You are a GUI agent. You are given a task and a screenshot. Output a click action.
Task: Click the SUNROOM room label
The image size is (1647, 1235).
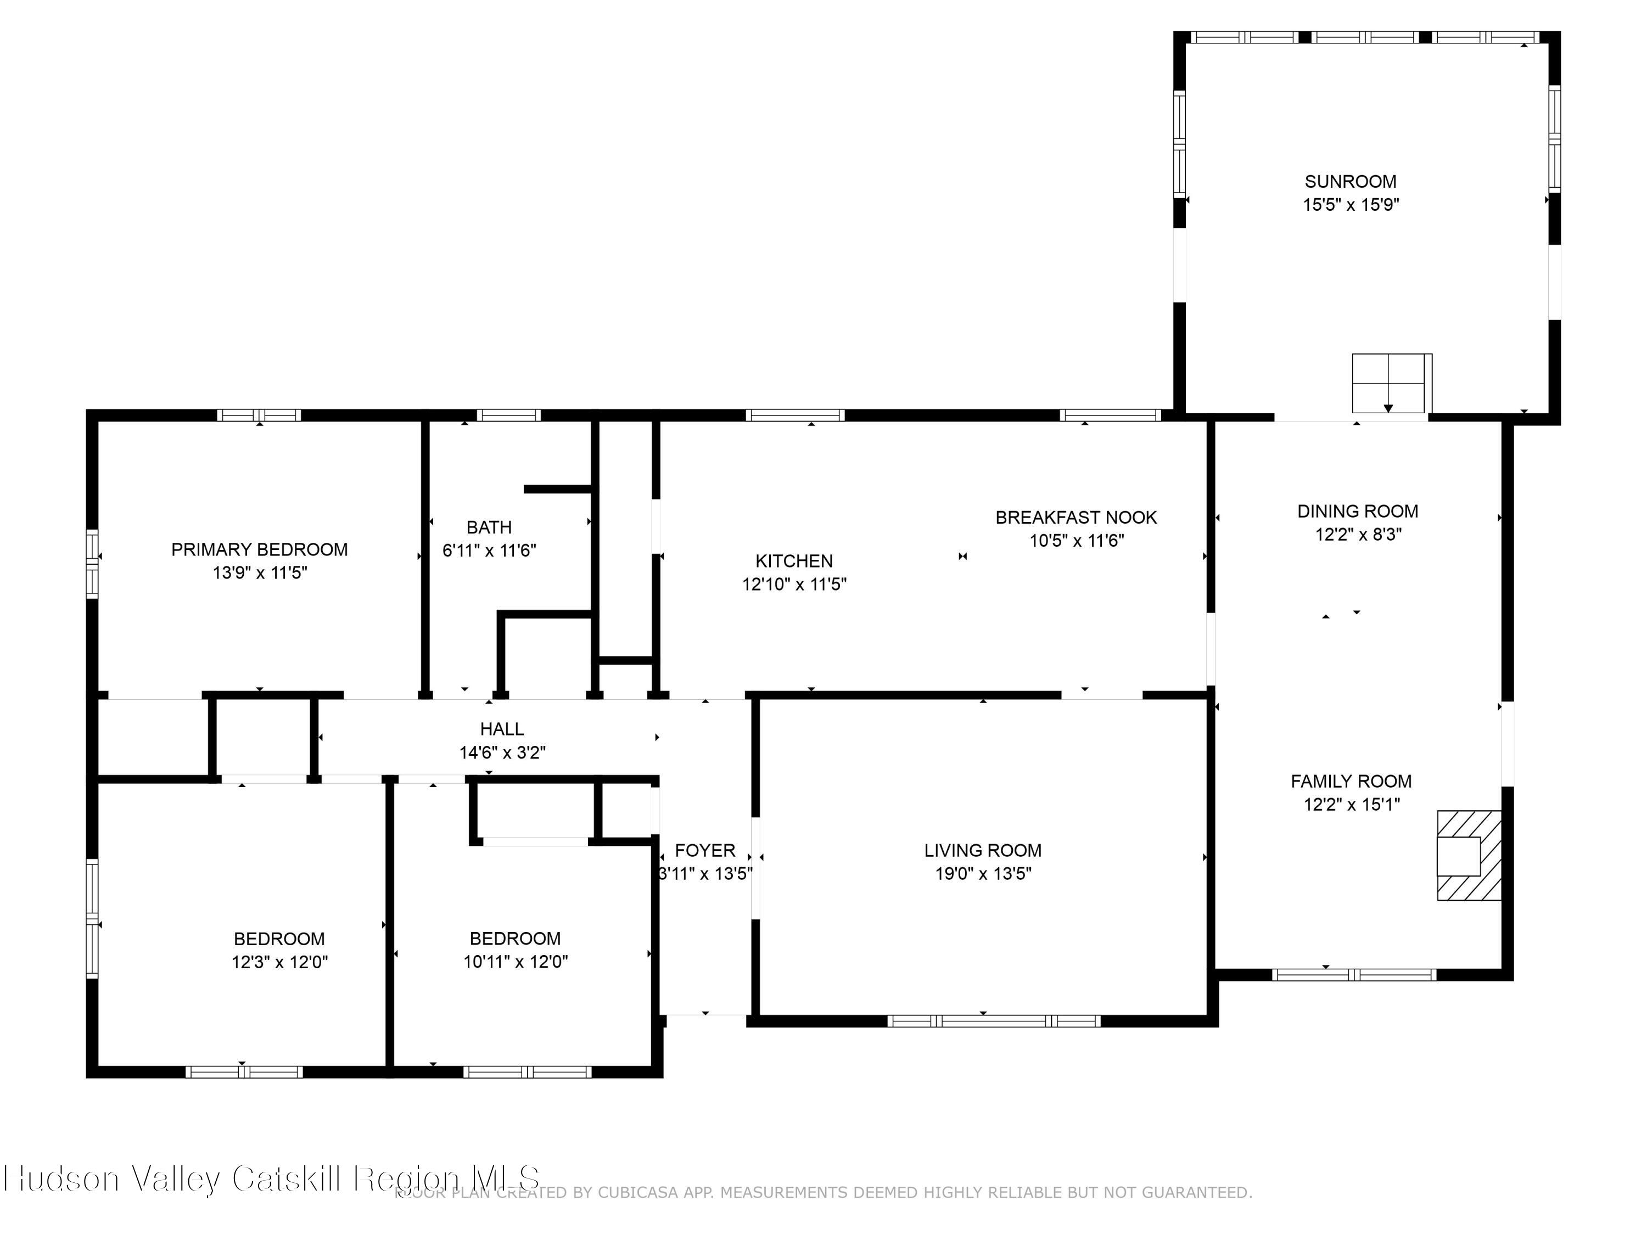[1350, 181]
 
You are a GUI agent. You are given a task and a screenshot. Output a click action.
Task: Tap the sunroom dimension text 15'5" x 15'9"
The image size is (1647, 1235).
[1350, 205]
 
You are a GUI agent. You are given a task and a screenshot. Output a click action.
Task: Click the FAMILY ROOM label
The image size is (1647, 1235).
[1351, 781]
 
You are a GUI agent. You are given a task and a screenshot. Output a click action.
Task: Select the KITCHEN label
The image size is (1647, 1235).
[794, 560]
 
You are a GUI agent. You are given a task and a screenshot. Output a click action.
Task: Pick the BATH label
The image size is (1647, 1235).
[489, 527]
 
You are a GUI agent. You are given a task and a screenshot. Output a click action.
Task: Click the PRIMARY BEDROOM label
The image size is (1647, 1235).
[259, 549]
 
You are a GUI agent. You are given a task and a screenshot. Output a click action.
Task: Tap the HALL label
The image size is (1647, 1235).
[501, 729]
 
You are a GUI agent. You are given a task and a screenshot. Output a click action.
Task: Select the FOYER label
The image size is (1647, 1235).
[704, 850]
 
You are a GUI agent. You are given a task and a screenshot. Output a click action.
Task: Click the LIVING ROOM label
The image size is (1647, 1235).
[982, 850]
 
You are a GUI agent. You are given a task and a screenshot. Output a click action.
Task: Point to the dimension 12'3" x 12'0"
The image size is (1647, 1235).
[279, 962]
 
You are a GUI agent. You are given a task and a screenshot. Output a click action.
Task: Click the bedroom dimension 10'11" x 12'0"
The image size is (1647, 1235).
[516, 962]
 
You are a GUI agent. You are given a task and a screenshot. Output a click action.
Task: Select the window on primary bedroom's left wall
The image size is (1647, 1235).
[92, 564]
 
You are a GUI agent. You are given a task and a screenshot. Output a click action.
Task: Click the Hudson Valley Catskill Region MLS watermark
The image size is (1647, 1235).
[272, 1178]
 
